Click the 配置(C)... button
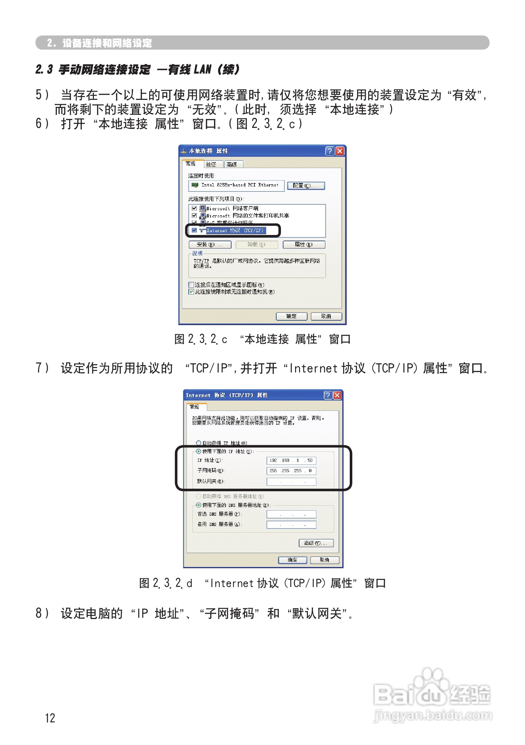(306, 186)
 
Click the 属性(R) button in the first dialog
(304, 244)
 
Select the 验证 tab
(211, 164)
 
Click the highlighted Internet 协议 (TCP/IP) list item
(235, 230)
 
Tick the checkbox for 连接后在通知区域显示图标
(191, 284)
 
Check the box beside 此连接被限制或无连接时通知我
(191, 292)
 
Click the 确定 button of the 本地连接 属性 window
(291, 316)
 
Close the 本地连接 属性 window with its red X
(340, 151)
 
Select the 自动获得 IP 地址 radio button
(199, 442)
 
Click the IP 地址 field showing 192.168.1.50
(291, 460)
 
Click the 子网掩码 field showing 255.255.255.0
(291, 471)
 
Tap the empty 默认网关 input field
(291, 482)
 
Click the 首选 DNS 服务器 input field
(291, 514)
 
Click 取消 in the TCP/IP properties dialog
(324, 560)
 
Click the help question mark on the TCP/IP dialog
(328, 395)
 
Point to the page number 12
(50, 718)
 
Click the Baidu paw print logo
(430, 689)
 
